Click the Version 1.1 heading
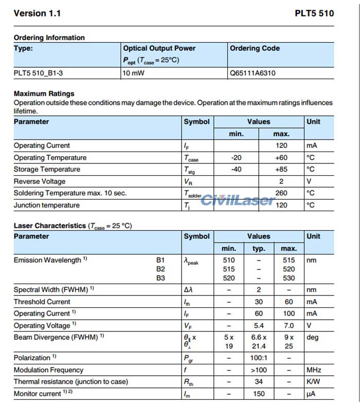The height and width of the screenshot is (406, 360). click(37, 13)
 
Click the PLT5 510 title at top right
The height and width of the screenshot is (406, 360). click(314, 13)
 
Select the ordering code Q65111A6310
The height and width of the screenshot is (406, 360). click(253, 73)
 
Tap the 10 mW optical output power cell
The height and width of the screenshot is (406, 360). click(134, 73)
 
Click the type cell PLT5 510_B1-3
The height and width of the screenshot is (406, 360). click(39, 73)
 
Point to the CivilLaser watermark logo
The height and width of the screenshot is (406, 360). click(238, 199)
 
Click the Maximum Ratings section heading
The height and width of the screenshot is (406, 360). click(44, 94)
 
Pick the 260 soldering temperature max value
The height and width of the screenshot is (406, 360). click(281, 193)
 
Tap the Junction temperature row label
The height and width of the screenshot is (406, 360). click(46, 205)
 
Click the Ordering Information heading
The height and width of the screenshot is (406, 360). click(49, 38)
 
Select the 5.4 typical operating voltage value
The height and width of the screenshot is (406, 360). click(259, 325)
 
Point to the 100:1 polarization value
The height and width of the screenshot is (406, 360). click(259, 358)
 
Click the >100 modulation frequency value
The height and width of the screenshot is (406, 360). click(259, 370)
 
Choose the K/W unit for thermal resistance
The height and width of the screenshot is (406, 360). click(313, 381)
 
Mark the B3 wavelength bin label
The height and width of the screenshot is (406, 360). click(160, 278)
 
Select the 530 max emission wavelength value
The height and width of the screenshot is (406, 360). click(289, 278)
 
